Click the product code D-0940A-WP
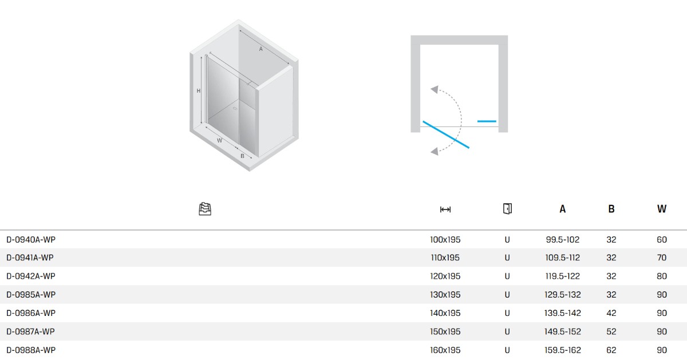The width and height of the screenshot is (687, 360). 31,239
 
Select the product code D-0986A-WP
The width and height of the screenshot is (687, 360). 31,313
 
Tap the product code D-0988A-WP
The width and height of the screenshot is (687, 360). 31,350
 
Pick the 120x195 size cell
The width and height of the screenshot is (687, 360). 445,276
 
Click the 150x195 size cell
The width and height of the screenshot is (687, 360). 445,331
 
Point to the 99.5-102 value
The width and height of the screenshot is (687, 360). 562,239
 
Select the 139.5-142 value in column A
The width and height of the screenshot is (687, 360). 562,313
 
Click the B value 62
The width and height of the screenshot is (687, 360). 611,350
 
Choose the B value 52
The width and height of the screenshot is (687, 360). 611,331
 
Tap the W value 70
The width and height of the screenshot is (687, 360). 662,258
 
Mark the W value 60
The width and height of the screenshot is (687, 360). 662,239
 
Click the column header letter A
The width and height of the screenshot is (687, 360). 562,209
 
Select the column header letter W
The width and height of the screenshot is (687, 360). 662,209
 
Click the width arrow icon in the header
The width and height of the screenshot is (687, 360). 445,209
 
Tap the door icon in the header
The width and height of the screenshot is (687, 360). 507,209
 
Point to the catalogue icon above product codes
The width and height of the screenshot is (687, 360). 205,209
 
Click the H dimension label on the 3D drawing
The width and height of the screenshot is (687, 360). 199,91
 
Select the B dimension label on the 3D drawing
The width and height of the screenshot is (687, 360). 242,156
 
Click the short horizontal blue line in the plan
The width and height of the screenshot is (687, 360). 487,121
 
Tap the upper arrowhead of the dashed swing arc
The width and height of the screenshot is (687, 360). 435,89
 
